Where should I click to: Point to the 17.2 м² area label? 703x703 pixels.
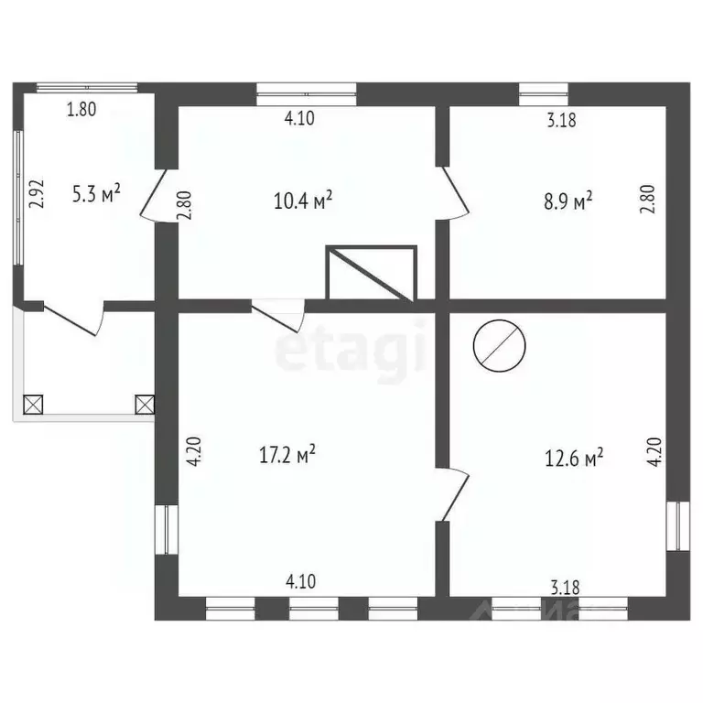(x=288, y=453)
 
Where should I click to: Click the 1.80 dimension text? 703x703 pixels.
(x=81, y=110)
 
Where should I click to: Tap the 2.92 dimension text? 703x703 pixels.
(x=37, y=195)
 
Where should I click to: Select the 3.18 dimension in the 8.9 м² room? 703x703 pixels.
(x=560, y=119)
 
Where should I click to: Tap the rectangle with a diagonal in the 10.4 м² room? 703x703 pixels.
(x=372, y=273)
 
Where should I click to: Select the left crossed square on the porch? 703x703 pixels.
(x=33, y=404)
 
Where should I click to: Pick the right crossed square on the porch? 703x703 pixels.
(x=145, y=404)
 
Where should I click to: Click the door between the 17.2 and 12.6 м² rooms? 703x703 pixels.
(x=456, y=494)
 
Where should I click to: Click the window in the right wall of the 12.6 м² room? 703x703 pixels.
(x=676, y=525)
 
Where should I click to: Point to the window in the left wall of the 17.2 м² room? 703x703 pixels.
(x=166, y=528)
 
